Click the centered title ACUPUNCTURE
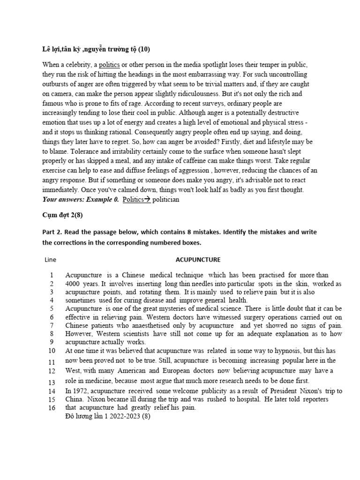pyautogui.click(x=198, y=259)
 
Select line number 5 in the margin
pyautogui.click(x=52, y=308)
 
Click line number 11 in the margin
pyautogui.click(x=52, y=361)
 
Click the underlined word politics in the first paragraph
pyautogui.click(x=109, y=65)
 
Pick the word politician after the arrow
pyautogui.click(x=160, y=199)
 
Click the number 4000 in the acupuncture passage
pyautogui.click(x=73, y=284)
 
